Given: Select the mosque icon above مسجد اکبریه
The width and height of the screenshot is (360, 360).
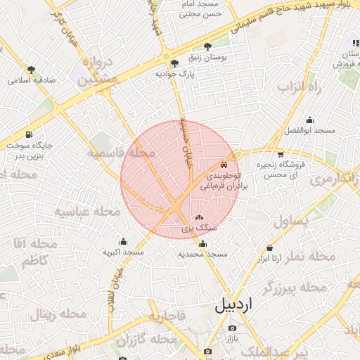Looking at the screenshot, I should pos(124,241).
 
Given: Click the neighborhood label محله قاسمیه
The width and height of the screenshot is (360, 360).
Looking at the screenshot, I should pos(122,153).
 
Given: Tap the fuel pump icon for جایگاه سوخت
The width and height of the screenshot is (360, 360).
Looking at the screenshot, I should pos(28,134).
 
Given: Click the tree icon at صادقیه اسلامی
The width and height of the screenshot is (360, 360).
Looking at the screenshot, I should pos(31,69).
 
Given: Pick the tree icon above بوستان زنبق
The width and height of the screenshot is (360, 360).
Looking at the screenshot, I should pos(206,46).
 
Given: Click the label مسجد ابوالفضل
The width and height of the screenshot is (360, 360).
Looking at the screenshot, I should pos(309,131).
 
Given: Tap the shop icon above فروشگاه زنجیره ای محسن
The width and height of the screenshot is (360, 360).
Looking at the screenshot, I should pos(281,153).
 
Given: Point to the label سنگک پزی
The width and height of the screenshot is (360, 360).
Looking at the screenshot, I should pos(199,229).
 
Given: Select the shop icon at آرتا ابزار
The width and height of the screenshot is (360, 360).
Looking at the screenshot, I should pos(270,248).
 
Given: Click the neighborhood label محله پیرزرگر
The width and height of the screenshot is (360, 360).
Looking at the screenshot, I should pos(295,288).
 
